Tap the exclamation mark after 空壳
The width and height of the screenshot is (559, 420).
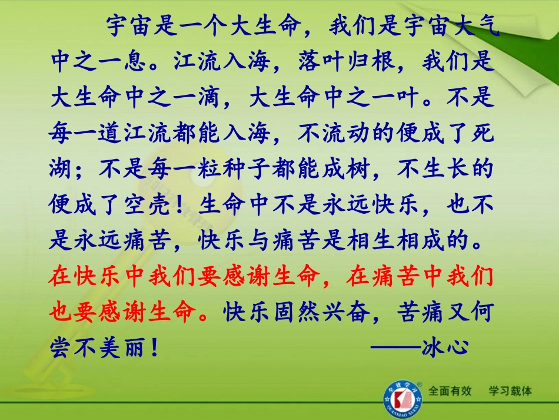(188, 206)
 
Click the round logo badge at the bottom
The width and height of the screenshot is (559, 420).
(402, 396)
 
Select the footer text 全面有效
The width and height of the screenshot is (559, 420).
(450, 391)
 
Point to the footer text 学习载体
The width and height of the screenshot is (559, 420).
(510, 391)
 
